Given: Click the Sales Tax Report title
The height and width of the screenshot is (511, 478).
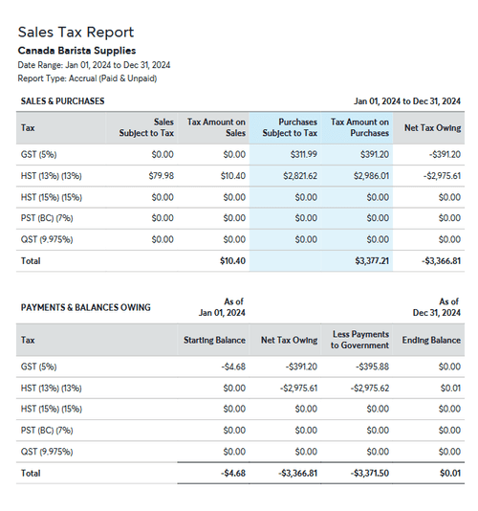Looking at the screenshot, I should [76, 33].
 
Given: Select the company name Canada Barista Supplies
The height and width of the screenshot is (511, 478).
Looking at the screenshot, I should [76, 51].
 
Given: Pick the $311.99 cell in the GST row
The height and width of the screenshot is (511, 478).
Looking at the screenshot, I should [303, 154].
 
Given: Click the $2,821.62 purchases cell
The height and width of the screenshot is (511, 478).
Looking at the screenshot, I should [299, 175].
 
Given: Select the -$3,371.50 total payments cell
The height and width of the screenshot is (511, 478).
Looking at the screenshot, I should [367, 472].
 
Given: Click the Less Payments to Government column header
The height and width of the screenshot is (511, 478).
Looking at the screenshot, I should [360, 339].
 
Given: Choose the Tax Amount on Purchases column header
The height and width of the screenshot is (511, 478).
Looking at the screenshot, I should [359, 127].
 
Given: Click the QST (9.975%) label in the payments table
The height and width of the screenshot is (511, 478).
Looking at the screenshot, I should [47, 451].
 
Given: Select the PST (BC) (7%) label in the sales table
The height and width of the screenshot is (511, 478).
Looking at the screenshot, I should [46, 217].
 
